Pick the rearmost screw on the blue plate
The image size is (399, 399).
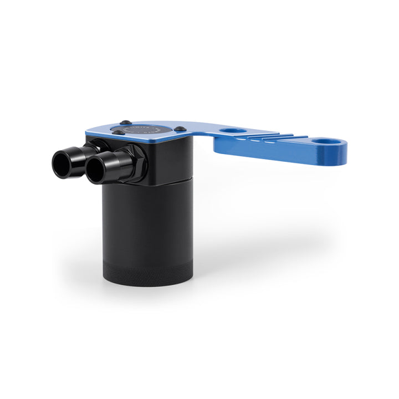coord(126,122)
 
